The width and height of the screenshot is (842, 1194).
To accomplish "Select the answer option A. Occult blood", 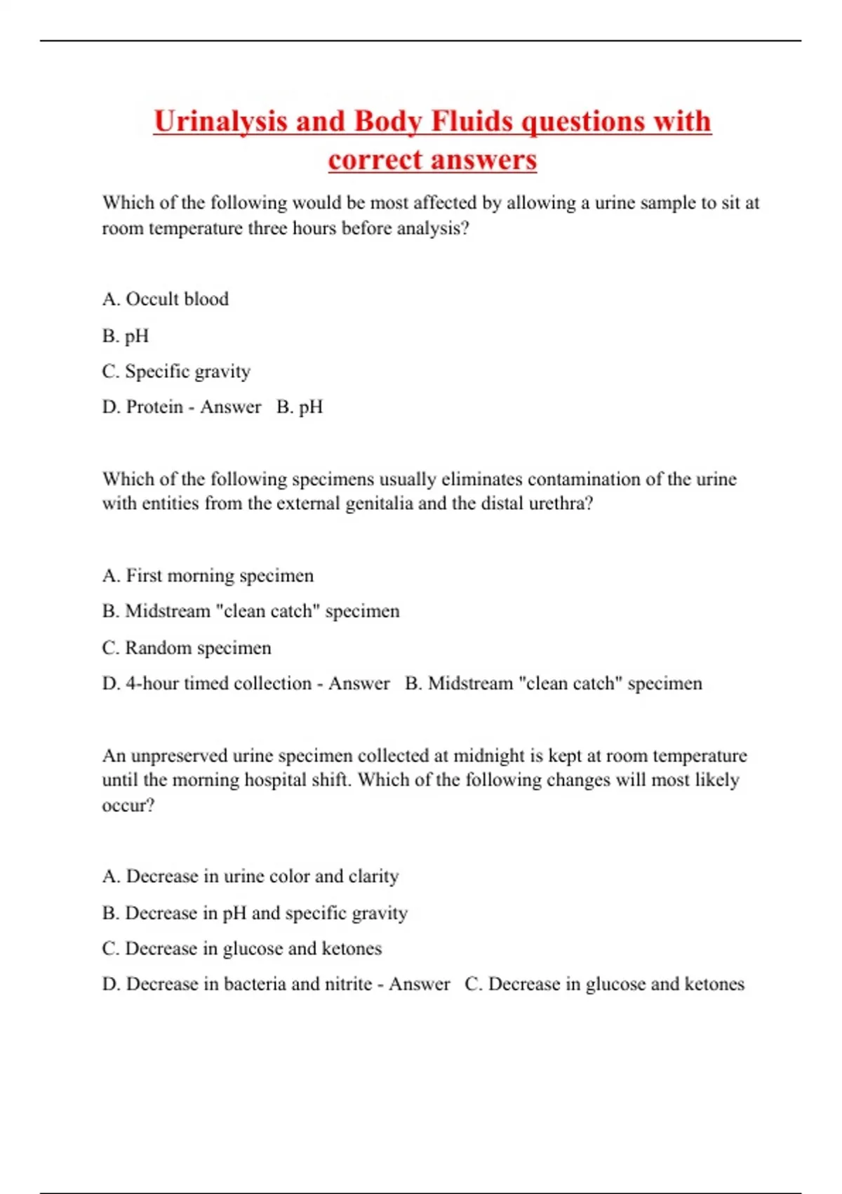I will (166, 299).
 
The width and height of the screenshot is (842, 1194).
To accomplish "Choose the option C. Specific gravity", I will (176, 371).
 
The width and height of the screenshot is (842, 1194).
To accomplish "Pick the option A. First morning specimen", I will (208, 575).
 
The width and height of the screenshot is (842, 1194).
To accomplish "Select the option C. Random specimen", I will (187, 648).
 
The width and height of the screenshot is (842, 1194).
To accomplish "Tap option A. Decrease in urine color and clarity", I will (250, 876).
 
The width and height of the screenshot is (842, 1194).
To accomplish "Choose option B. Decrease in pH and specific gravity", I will (255, 912).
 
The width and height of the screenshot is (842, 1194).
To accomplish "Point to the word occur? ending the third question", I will (128, 805).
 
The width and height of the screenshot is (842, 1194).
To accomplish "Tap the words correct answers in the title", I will (432, 160).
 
